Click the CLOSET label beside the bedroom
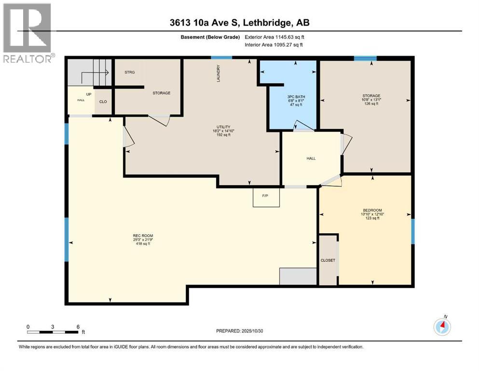[328, 260]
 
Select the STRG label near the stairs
[129, 72]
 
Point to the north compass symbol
[442, 327]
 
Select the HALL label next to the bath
[311, 158]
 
